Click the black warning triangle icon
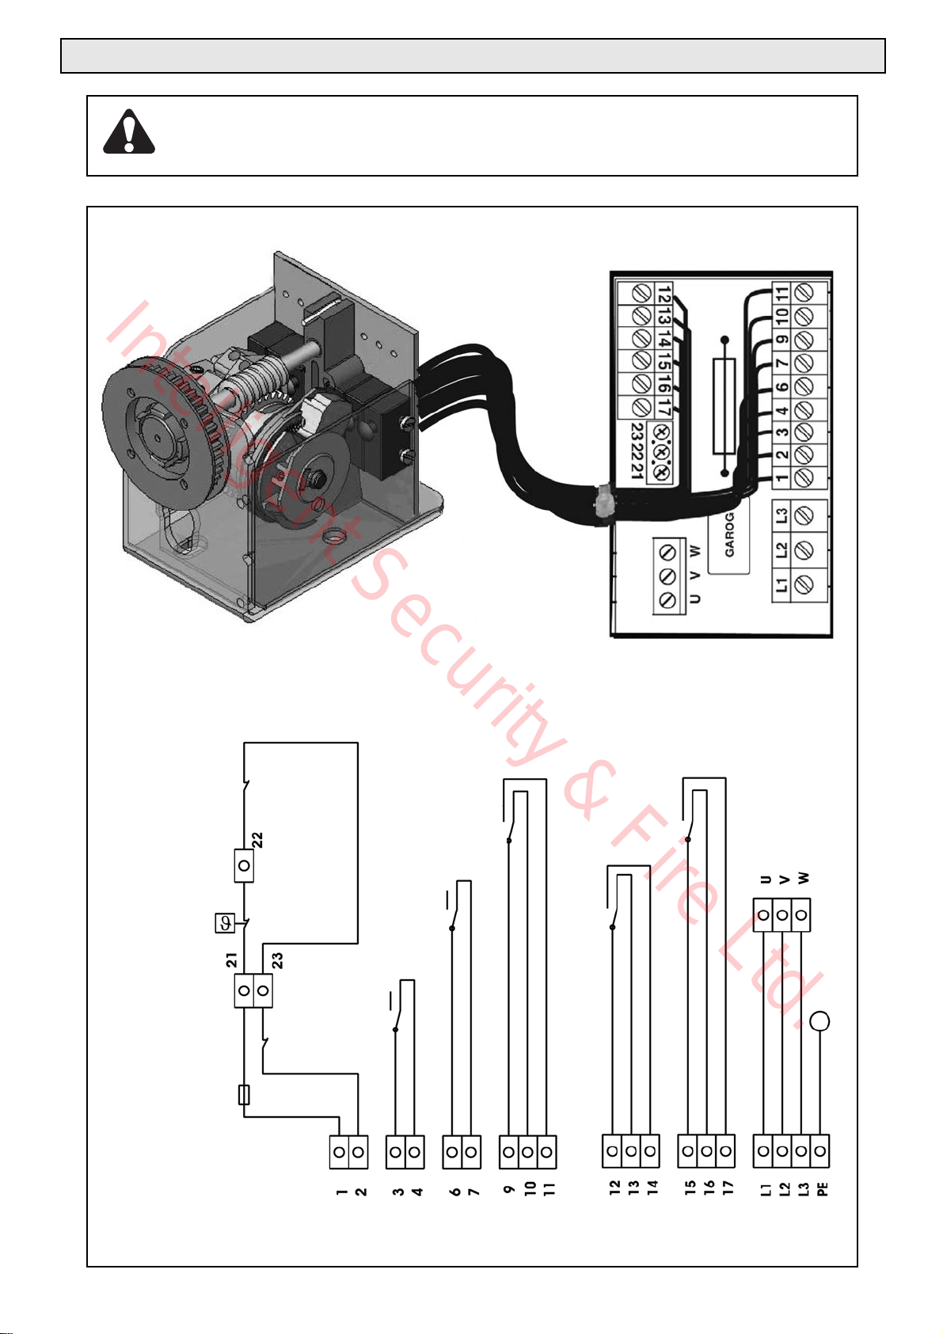(x=129, y=131)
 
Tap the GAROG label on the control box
(x=729, y=534)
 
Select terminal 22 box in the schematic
(x=244, y=865)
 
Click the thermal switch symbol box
(x=225, y=924)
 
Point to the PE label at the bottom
(x=822, y=1189)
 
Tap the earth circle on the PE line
(x=819, y=1020)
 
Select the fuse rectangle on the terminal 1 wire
(x=244, y=1095)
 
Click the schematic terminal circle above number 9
(x=508, y=1151)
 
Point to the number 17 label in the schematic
(x=728, y=1187)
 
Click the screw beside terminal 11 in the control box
(x=804, y=294)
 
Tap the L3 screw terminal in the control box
(x=804, y=515)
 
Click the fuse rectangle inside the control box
(x=724, y=406)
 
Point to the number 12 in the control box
(x=664, y=295)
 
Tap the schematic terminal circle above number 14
(x=650, y=1151)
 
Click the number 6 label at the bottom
(x=454, y=1191)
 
